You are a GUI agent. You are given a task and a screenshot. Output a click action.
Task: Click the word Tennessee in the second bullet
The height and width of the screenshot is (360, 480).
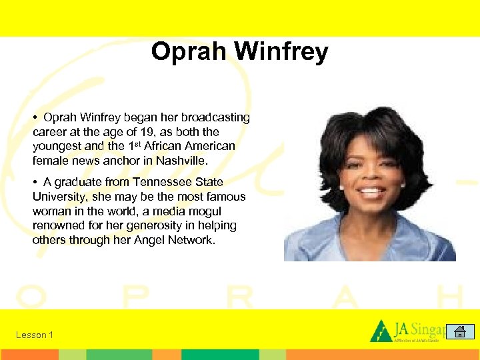pos(161,182)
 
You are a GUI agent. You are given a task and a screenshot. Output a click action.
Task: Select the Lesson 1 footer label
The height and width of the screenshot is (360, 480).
pos(35,335)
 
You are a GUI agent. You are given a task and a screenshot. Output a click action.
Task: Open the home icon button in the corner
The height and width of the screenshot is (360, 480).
pos(459,331)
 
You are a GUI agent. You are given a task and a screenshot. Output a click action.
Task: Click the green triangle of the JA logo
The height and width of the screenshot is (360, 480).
pos(381,331)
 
